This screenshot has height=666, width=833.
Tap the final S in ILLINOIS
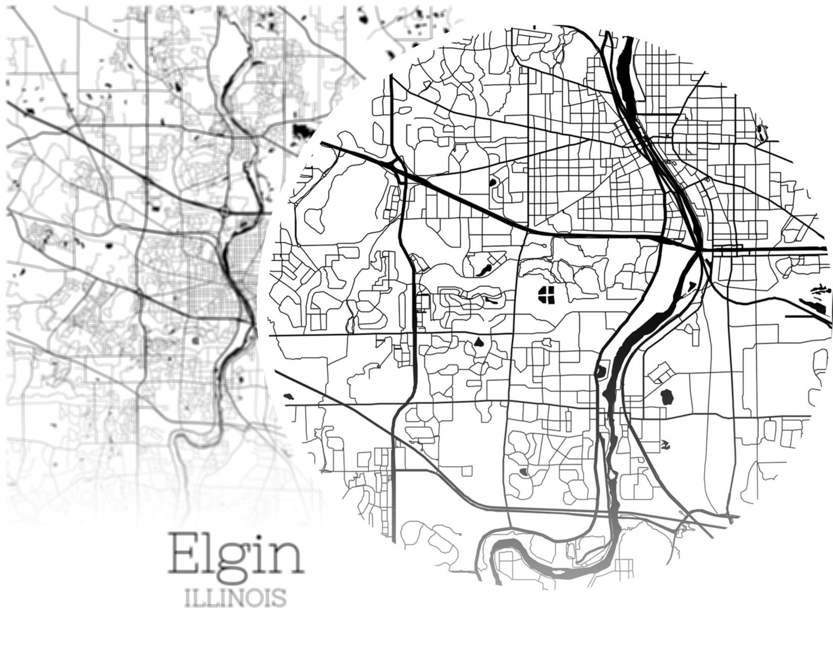point(280,597)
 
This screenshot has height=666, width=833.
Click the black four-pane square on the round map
point(548,295)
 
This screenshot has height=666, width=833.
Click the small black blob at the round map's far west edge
point(288,395)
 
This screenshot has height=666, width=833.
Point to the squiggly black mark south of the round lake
point(666,444)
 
